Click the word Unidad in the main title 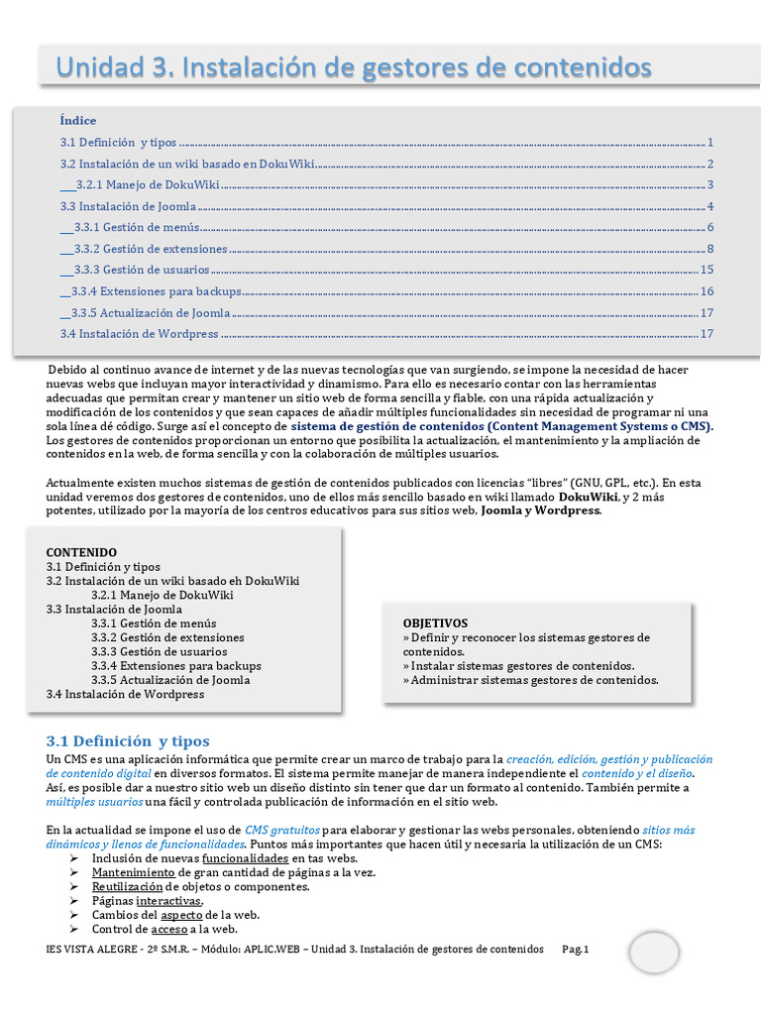click(x=97, y=67)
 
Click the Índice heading click(x=78, y=121)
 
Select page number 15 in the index click(x=707, y=270)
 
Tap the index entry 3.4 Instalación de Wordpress click(x=139, y=334)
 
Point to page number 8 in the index click(x=710, y=249)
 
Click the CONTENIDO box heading click(x=81, y=552)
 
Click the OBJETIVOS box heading click(x=435, y=622)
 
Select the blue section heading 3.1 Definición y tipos click(x=128, y=741)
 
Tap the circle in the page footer click(x=654, y=954)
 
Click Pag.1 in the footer click(x=576, y=950)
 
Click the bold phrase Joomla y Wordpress click(x=540, y=511)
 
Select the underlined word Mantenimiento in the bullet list click(x=133, y=872)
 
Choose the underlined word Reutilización click(x=127, y=886)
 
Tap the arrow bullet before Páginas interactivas click(x=73, y=901)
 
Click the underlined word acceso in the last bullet click(x=167, y=930)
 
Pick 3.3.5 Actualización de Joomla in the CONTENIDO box click(x=170, y=680)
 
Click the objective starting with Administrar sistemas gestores click(x=531, y=680)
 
